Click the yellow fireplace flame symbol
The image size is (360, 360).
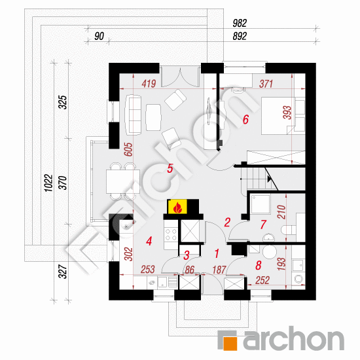pos(177,207)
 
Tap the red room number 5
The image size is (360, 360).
pos(170,168)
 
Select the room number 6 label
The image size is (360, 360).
pos(245,119)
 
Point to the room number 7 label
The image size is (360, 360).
pos(263,225)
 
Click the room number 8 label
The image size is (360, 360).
pos(259,265)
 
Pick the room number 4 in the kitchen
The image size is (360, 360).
pos(149,242)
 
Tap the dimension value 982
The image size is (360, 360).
pos(240,23)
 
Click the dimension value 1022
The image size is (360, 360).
pos(48,183)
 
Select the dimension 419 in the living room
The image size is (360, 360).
pos(149,84)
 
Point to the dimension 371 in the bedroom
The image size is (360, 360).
pos(266,84)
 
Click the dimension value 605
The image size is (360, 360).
pos(128,149)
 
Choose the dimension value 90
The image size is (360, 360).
pos(99,36)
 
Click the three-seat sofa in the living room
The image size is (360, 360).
pos(133,115)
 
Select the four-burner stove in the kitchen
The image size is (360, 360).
pos(171,234)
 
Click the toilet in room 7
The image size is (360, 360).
pos(289,230)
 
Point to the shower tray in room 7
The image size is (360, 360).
pos(261,204)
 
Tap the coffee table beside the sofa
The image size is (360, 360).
pos(153,117)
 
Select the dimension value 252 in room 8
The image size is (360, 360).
pos(262,280)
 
